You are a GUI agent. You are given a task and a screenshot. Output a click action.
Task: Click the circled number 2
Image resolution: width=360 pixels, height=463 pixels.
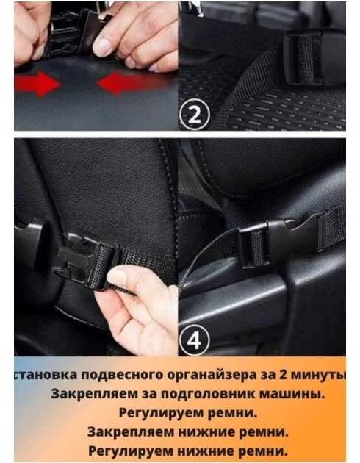point(194,115)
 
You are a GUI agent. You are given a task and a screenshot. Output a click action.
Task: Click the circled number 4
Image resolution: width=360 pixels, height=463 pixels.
point(194,340)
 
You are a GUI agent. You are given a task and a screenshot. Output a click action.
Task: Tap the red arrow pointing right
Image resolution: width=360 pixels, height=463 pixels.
point(37,85)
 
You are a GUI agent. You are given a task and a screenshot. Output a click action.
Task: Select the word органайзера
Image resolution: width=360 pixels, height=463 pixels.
point(212,375)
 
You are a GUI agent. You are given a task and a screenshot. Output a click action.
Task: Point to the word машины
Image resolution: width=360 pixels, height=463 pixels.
point(292,394)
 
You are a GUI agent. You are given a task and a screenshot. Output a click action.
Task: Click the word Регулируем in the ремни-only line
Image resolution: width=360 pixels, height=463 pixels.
point(161,413)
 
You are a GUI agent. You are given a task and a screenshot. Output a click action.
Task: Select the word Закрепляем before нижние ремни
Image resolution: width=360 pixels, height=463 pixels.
point(131,432)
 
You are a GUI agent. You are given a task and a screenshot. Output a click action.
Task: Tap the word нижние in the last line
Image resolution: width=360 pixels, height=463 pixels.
point(206,451)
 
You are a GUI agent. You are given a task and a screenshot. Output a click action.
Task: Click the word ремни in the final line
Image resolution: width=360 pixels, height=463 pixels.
point(263,451)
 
